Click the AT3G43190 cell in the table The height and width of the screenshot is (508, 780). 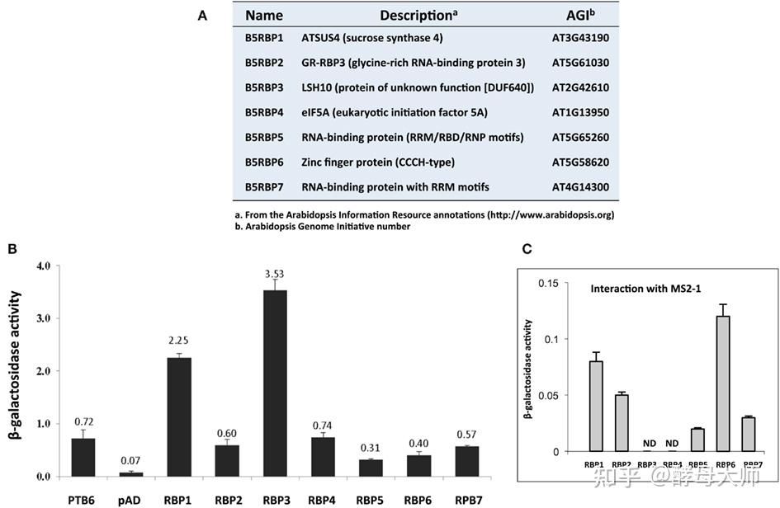pyautogui.click(x=580, y=38)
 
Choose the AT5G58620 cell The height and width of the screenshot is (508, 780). pyautogui.click(x=580, y=162)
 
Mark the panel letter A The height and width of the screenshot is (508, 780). pyautogui.click(x=202, y=15)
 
